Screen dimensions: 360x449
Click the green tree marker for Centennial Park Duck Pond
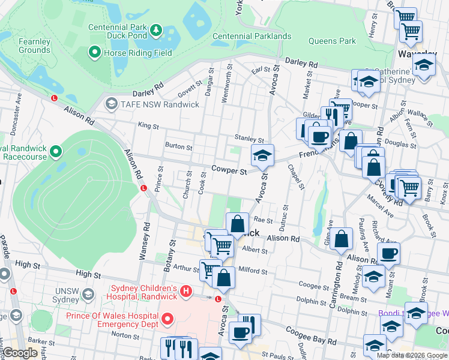156,29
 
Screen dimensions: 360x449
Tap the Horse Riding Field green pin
94,53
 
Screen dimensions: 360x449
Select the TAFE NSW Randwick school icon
110,104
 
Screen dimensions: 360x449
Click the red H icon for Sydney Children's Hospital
186,292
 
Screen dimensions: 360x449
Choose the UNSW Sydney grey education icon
88,294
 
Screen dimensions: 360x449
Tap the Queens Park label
332,41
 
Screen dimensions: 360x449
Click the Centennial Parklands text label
252,36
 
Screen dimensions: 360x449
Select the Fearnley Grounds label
34,46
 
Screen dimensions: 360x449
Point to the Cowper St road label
229,172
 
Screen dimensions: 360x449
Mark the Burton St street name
178,146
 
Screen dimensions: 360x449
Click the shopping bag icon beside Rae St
238,224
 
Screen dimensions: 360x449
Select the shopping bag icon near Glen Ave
341,239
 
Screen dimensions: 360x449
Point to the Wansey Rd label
145,241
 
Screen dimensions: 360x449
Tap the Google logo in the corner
20,353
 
